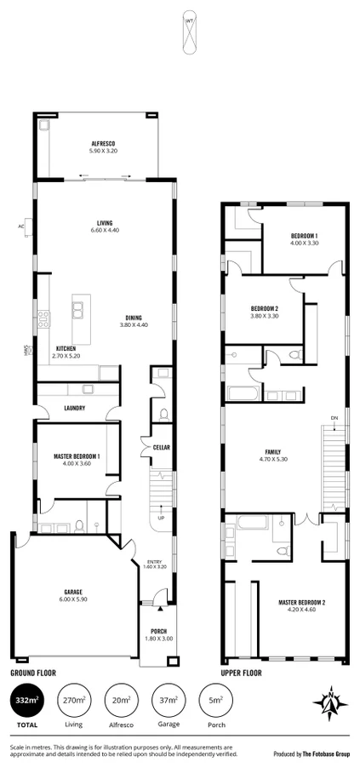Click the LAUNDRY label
pyautogui.click(x=75, y=408)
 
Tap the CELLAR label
pyautogui.click(x=162, y=446)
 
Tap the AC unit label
pyautogui.click(x=21, y=226)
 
